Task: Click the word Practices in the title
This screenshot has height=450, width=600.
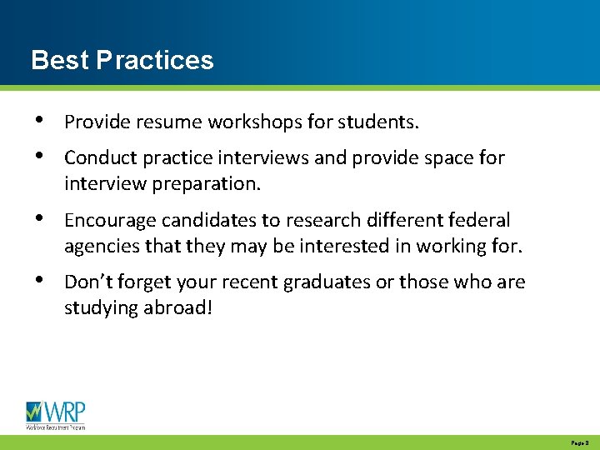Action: [155, 60]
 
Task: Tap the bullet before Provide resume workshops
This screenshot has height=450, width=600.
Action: [39, 122]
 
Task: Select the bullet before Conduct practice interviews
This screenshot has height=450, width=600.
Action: [39, 157]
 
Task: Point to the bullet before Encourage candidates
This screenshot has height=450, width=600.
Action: [39, 220]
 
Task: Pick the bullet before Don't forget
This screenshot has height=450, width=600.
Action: [39, 282]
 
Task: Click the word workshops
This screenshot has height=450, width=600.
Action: [254, 122]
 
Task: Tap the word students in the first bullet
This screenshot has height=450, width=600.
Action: [378, 122]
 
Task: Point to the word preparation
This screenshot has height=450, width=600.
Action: [207, 184]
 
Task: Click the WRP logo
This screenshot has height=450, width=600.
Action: [56, 415]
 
